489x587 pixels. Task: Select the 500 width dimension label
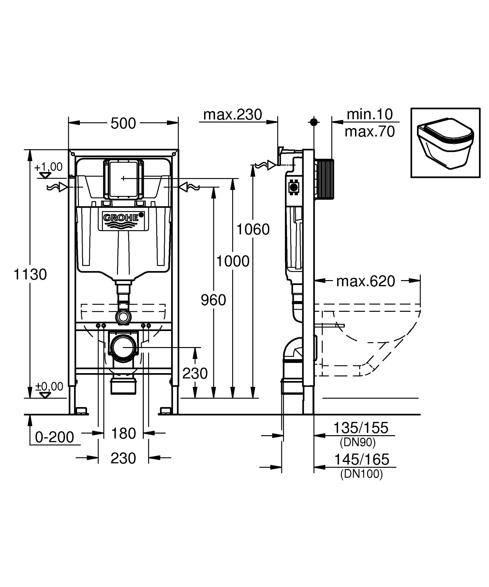tap(123, 123)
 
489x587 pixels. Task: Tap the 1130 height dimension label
tap(30, 275)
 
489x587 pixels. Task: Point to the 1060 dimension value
tap(253, 230)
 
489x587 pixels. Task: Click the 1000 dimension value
tap(233, 261)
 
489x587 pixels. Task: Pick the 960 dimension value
tap(213, 300)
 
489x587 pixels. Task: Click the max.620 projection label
tap(365, 281)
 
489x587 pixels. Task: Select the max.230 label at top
tap(232, 115)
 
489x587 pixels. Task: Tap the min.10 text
tap(369, 114)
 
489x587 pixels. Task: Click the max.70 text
tap(370, 132)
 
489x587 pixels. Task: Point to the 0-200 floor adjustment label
tap(54, 437)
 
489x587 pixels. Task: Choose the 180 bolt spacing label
tap(123, 434)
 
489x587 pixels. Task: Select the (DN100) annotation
tap(361, 474)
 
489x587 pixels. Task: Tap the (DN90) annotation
tap(357, 442)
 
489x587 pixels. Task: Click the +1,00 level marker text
tap(48, 167)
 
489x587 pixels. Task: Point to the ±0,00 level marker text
tap(49, 386)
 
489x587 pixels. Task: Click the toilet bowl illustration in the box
tap(445, 143)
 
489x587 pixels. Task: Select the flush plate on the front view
tap(123, 179)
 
